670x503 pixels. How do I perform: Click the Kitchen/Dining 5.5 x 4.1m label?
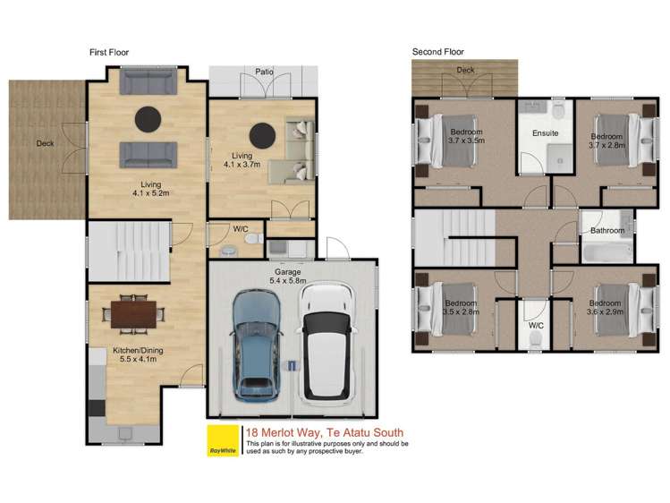(x=135, y=354)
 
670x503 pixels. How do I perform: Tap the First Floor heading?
(x=109, y=53)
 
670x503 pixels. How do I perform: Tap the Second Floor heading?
(x=438, y=53)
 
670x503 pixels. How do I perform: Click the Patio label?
(x=263, y=71)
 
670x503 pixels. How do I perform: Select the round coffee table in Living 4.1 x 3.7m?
(x=262, y=135)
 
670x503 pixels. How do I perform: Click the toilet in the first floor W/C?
(x=252, y=240)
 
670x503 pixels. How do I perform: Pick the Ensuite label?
(x=545, y=133)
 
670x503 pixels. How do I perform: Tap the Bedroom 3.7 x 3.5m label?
(x=467, y=136)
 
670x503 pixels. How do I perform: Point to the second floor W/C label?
(x=536, y=325)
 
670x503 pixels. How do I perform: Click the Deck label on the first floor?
(x=45, y=143)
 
